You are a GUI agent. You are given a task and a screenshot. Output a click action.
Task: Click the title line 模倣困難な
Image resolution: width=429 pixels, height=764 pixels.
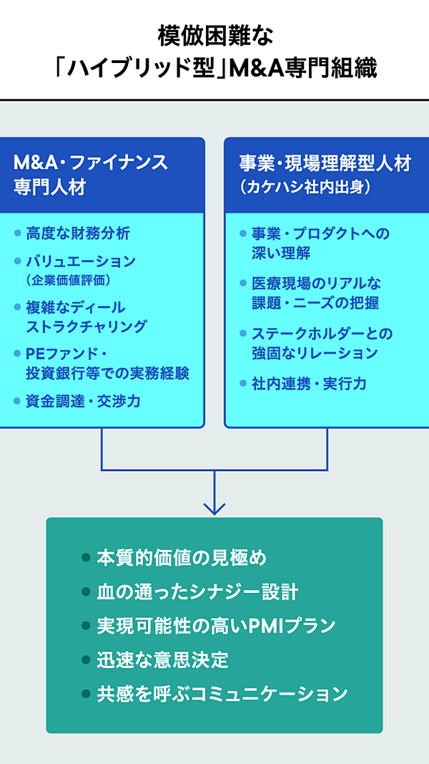tap(214, 34)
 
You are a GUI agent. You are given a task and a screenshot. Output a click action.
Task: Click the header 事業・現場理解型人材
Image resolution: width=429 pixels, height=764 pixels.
tap(325, 163)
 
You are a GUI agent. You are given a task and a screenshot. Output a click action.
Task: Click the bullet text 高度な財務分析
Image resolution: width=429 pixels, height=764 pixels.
tap(78, 233)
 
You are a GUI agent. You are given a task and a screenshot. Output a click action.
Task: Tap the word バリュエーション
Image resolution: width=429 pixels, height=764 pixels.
tap(81, 261)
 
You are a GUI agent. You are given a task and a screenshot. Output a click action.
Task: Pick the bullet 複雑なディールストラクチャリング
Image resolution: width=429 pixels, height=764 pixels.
tap(87, 317)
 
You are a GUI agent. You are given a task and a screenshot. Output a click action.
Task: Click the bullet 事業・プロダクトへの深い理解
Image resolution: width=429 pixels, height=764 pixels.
tap(320, 243)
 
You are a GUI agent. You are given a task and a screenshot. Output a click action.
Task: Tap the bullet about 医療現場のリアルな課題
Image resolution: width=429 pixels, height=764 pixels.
tap(320, 293)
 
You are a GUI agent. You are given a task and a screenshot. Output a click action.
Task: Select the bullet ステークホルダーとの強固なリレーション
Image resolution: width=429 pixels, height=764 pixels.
tap(322, 343)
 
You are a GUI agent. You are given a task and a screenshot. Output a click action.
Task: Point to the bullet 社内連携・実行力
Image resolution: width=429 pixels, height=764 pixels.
tap(309, 384)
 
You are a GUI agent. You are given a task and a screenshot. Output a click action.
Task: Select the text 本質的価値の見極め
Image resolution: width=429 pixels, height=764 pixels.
tap(182, 558)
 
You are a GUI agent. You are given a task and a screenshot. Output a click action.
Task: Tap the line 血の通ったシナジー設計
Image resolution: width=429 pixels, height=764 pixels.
tap(197, 592)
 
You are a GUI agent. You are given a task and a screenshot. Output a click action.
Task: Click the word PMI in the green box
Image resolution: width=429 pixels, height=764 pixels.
tap(262, 626)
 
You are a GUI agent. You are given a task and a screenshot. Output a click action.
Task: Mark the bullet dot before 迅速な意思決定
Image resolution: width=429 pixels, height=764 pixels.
tap(86, 659)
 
